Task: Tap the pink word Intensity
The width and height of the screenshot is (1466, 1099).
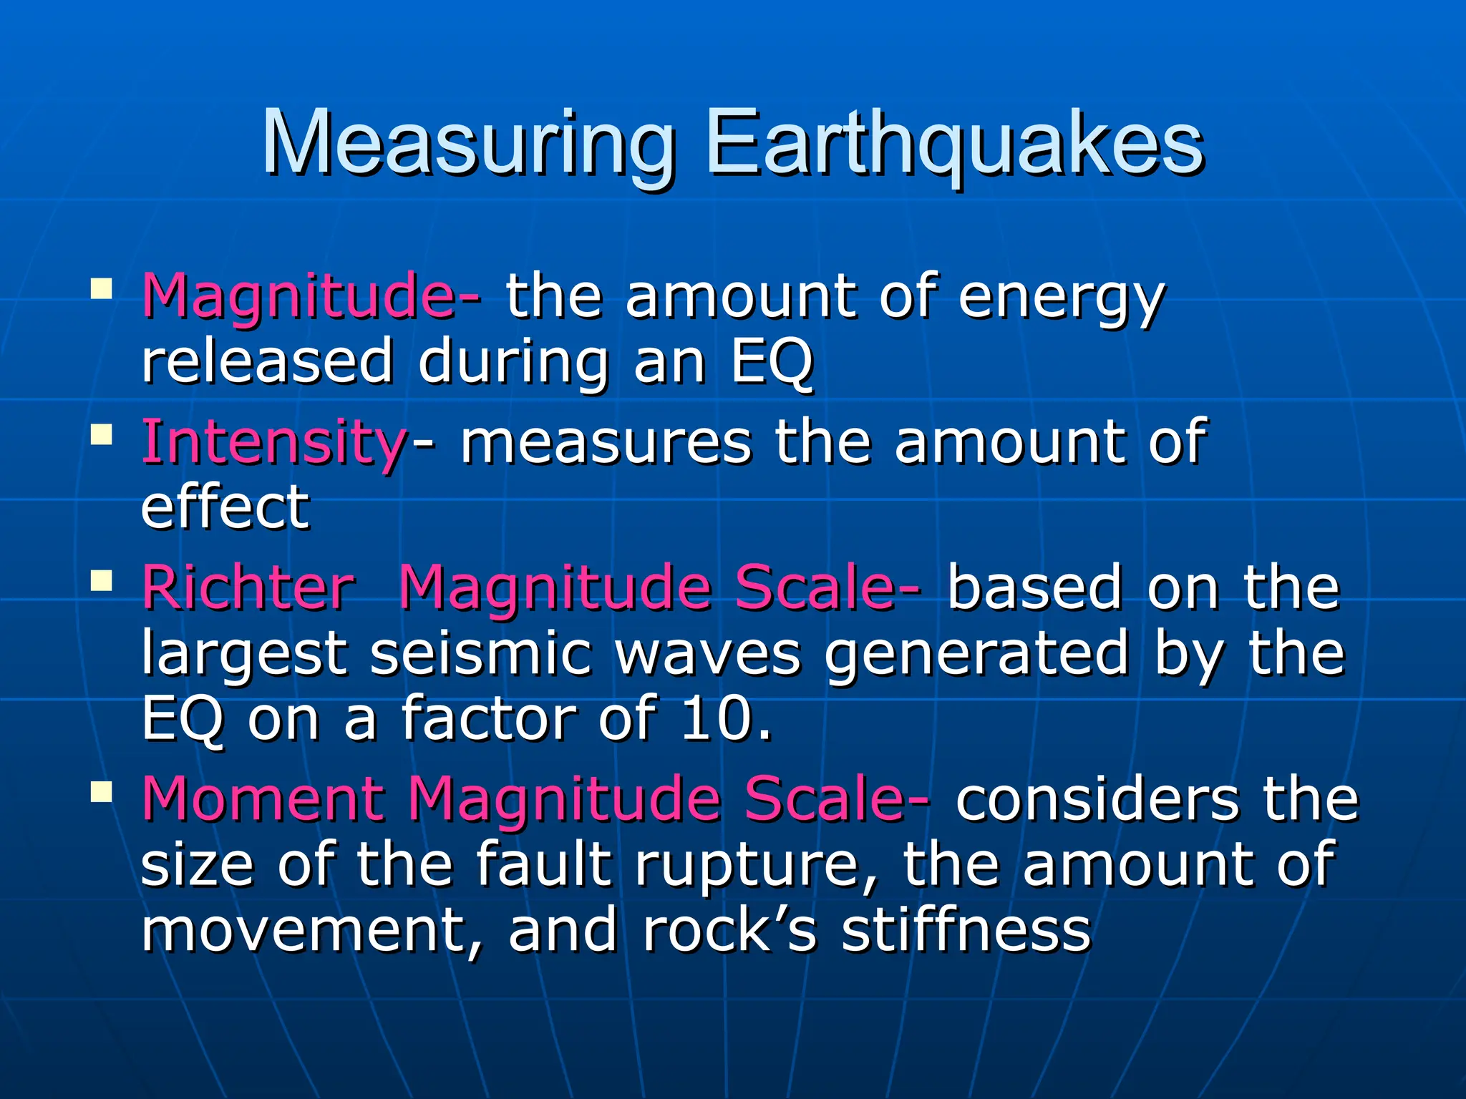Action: click(274, 442)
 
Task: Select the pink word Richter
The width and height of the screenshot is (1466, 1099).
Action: click(248, 588)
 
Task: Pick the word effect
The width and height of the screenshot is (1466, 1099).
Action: click(225, 507)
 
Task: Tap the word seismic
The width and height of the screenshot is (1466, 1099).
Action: click(481, 653)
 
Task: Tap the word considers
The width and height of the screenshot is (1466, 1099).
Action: click(1097, 799)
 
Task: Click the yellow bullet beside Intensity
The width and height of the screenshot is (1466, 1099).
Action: click(102, 434)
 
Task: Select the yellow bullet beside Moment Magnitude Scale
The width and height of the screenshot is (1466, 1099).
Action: click(102, 791)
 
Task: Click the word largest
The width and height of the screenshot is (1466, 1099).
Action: click(243, 655)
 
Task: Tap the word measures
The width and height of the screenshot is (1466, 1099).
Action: click(606, 442)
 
